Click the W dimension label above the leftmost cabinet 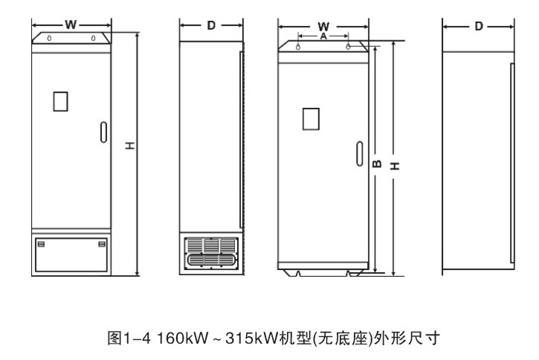coord(71,25)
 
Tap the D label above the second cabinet coord(211,25)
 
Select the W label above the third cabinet coord(323,27)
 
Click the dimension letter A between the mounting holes coord(323,36)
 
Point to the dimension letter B coord(377,164)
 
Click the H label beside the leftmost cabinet coord(129,146)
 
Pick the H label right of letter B coord(395,166)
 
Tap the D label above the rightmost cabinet coord(479,26)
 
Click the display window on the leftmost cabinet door coord(60,101)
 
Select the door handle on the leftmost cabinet coord(103,132)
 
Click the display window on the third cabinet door coord(311,119)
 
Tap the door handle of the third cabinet coord(360,154)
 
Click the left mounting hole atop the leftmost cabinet coord(50,38)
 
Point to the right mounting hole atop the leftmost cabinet coord(93,38)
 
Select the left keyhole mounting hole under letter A coord(298,47)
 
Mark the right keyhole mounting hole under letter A coord(348,46)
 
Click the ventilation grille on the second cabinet coord(211,252)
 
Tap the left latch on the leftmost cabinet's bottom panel coord(41,244)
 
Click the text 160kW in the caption coord(183,338)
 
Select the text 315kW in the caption coord(251,338)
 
